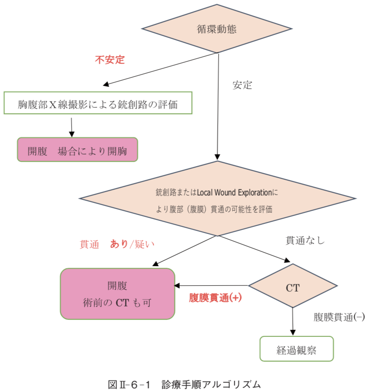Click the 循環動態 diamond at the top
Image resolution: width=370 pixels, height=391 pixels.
tap(217, 29)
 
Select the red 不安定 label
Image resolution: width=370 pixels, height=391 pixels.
tap(110, 60)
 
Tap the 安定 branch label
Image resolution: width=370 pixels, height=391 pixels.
tap(242, 85)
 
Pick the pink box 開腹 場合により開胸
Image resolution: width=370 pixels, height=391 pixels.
tap(78, 150)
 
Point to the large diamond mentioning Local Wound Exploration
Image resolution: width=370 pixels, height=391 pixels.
tap(217, 199)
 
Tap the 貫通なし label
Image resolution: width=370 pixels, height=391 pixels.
tap(305, 240)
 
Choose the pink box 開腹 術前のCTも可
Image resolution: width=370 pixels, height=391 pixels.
tap(117, 294)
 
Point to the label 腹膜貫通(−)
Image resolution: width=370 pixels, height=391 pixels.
tap(339, 318)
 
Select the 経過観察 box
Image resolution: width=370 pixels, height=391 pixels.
tap(296, 349)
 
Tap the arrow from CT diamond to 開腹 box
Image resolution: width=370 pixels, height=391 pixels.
tap(212, 286)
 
